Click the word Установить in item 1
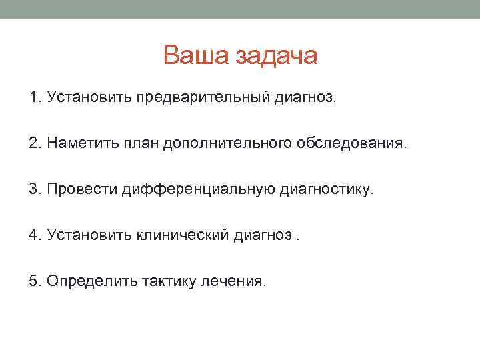tap(89, 99)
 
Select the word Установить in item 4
tap(89, 235)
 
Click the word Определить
tap(92, 281)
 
